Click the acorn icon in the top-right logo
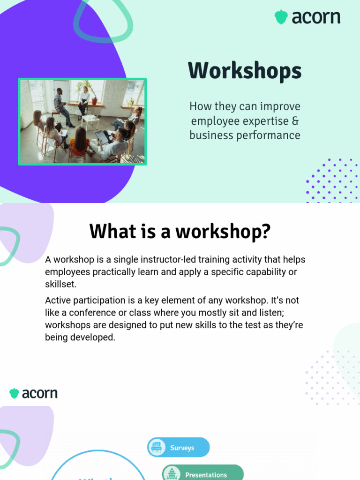(281, 17)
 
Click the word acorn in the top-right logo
(315, 18)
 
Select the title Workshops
(245, 71)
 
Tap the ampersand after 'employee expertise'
(295, 121)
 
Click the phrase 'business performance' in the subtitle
(245, 135)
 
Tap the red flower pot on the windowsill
(94, 101)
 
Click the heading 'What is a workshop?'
(180, 232)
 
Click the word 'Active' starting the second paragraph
(58, 300)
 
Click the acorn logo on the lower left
(33, 393)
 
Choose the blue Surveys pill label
(182, 448)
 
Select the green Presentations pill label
(206, 474)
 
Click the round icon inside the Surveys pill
(156, 447)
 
